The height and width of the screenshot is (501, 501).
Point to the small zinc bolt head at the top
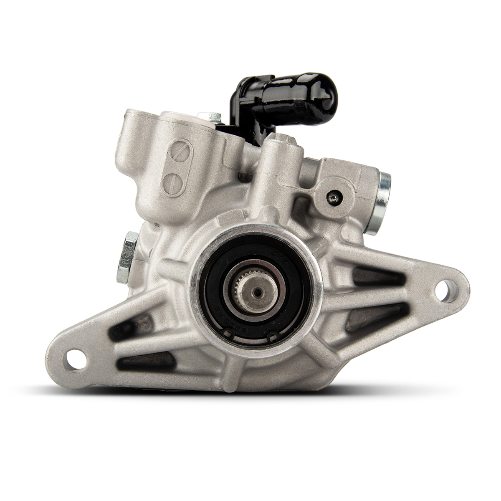coord(208,116)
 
